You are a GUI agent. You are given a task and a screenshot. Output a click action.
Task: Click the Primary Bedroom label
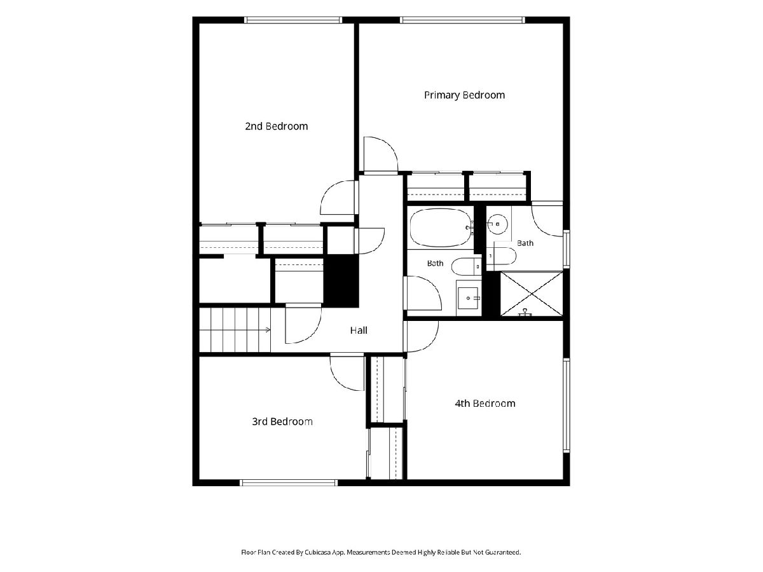tap(464, 95)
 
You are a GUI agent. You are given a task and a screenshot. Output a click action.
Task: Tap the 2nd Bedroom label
tap(277, 126)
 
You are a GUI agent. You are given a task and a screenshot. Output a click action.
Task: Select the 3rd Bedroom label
tap(282, 421)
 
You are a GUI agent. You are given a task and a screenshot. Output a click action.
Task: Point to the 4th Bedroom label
tap(485, 403)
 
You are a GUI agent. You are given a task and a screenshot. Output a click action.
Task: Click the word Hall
tap(359, 330)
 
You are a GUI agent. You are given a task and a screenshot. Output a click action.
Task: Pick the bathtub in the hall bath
tap(441, 228)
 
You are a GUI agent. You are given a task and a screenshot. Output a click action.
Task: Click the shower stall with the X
tap(531, 294)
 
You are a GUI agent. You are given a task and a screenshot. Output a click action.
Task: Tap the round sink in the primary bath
tap(497, 224)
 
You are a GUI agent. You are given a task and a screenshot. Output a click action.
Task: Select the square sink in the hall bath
tap(468, 298)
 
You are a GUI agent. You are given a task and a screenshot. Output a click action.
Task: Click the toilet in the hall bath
tap(467, 266)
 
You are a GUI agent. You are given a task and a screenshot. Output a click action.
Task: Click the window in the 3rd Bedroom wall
tap(288, 482)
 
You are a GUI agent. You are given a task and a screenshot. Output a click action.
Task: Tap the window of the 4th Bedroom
tap(567, 405)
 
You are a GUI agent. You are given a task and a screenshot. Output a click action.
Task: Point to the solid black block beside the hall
tap(341, 281)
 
